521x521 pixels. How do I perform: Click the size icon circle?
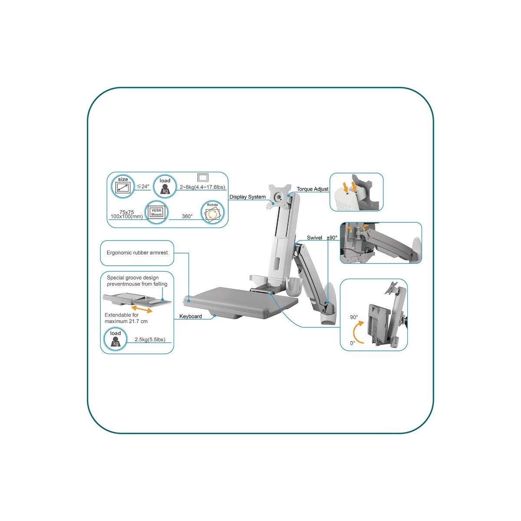point(122,186)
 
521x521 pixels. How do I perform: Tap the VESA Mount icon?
point(157,212)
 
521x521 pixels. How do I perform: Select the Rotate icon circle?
point(212,212)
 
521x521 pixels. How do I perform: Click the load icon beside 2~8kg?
point(165,186)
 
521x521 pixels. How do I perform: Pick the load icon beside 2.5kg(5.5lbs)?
point(115,339)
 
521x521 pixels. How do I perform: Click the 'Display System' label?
point(247,197)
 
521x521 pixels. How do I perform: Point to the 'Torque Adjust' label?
point(313,189)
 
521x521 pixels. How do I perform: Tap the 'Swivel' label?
point(314,237)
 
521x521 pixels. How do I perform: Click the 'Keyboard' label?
point(191,317)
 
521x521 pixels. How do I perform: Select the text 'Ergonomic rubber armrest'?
point(137,253)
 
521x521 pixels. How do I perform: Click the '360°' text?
point(187,216)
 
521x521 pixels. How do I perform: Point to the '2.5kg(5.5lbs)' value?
point(150,340)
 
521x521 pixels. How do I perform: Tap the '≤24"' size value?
point(143,186)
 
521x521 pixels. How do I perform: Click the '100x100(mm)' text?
point(127,217)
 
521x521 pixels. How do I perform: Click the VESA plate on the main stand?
point(280,197)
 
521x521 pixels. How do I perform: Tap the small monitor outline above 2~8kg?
point(203,178)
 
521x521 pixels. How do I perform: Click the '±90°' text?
point(332,237)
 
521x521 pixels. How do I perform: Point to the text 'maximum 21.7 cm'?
point(126,321)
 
